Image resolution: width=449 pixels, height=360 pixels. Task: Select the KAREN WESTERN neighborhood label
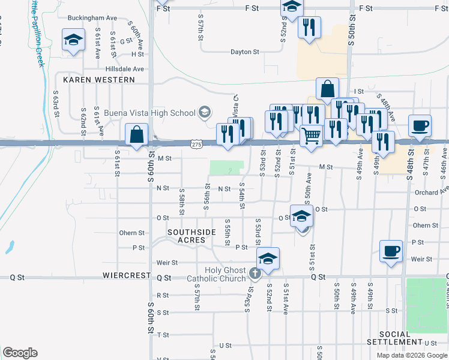coord(98,79)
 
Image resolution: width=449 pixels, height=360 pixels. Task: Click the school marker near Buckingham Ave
coord(74,40)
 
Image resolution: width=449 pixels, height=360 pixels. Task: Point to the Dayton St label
coord(246,52)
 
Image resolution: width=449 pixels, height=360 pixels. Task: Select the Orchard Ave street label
coord(432,193)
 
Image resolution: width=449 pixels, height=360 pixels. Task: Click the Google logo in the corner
coord(20,353)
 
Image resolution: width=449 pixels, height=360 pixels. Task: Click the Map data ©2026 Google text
coord(411,355)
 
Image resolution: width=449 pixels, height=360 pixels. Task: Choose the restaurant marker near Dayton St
coord(309,28)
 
